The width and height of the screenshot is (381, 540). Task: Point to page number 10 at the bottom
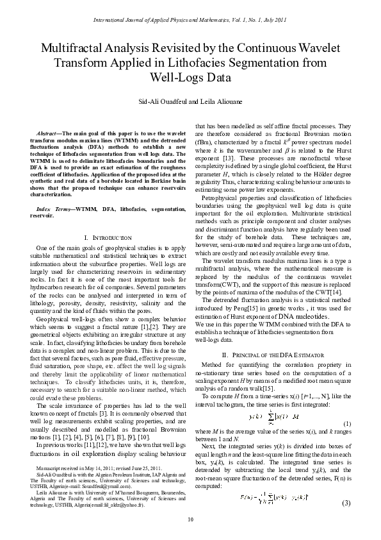pyautogui.click(x=190, y=519)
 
